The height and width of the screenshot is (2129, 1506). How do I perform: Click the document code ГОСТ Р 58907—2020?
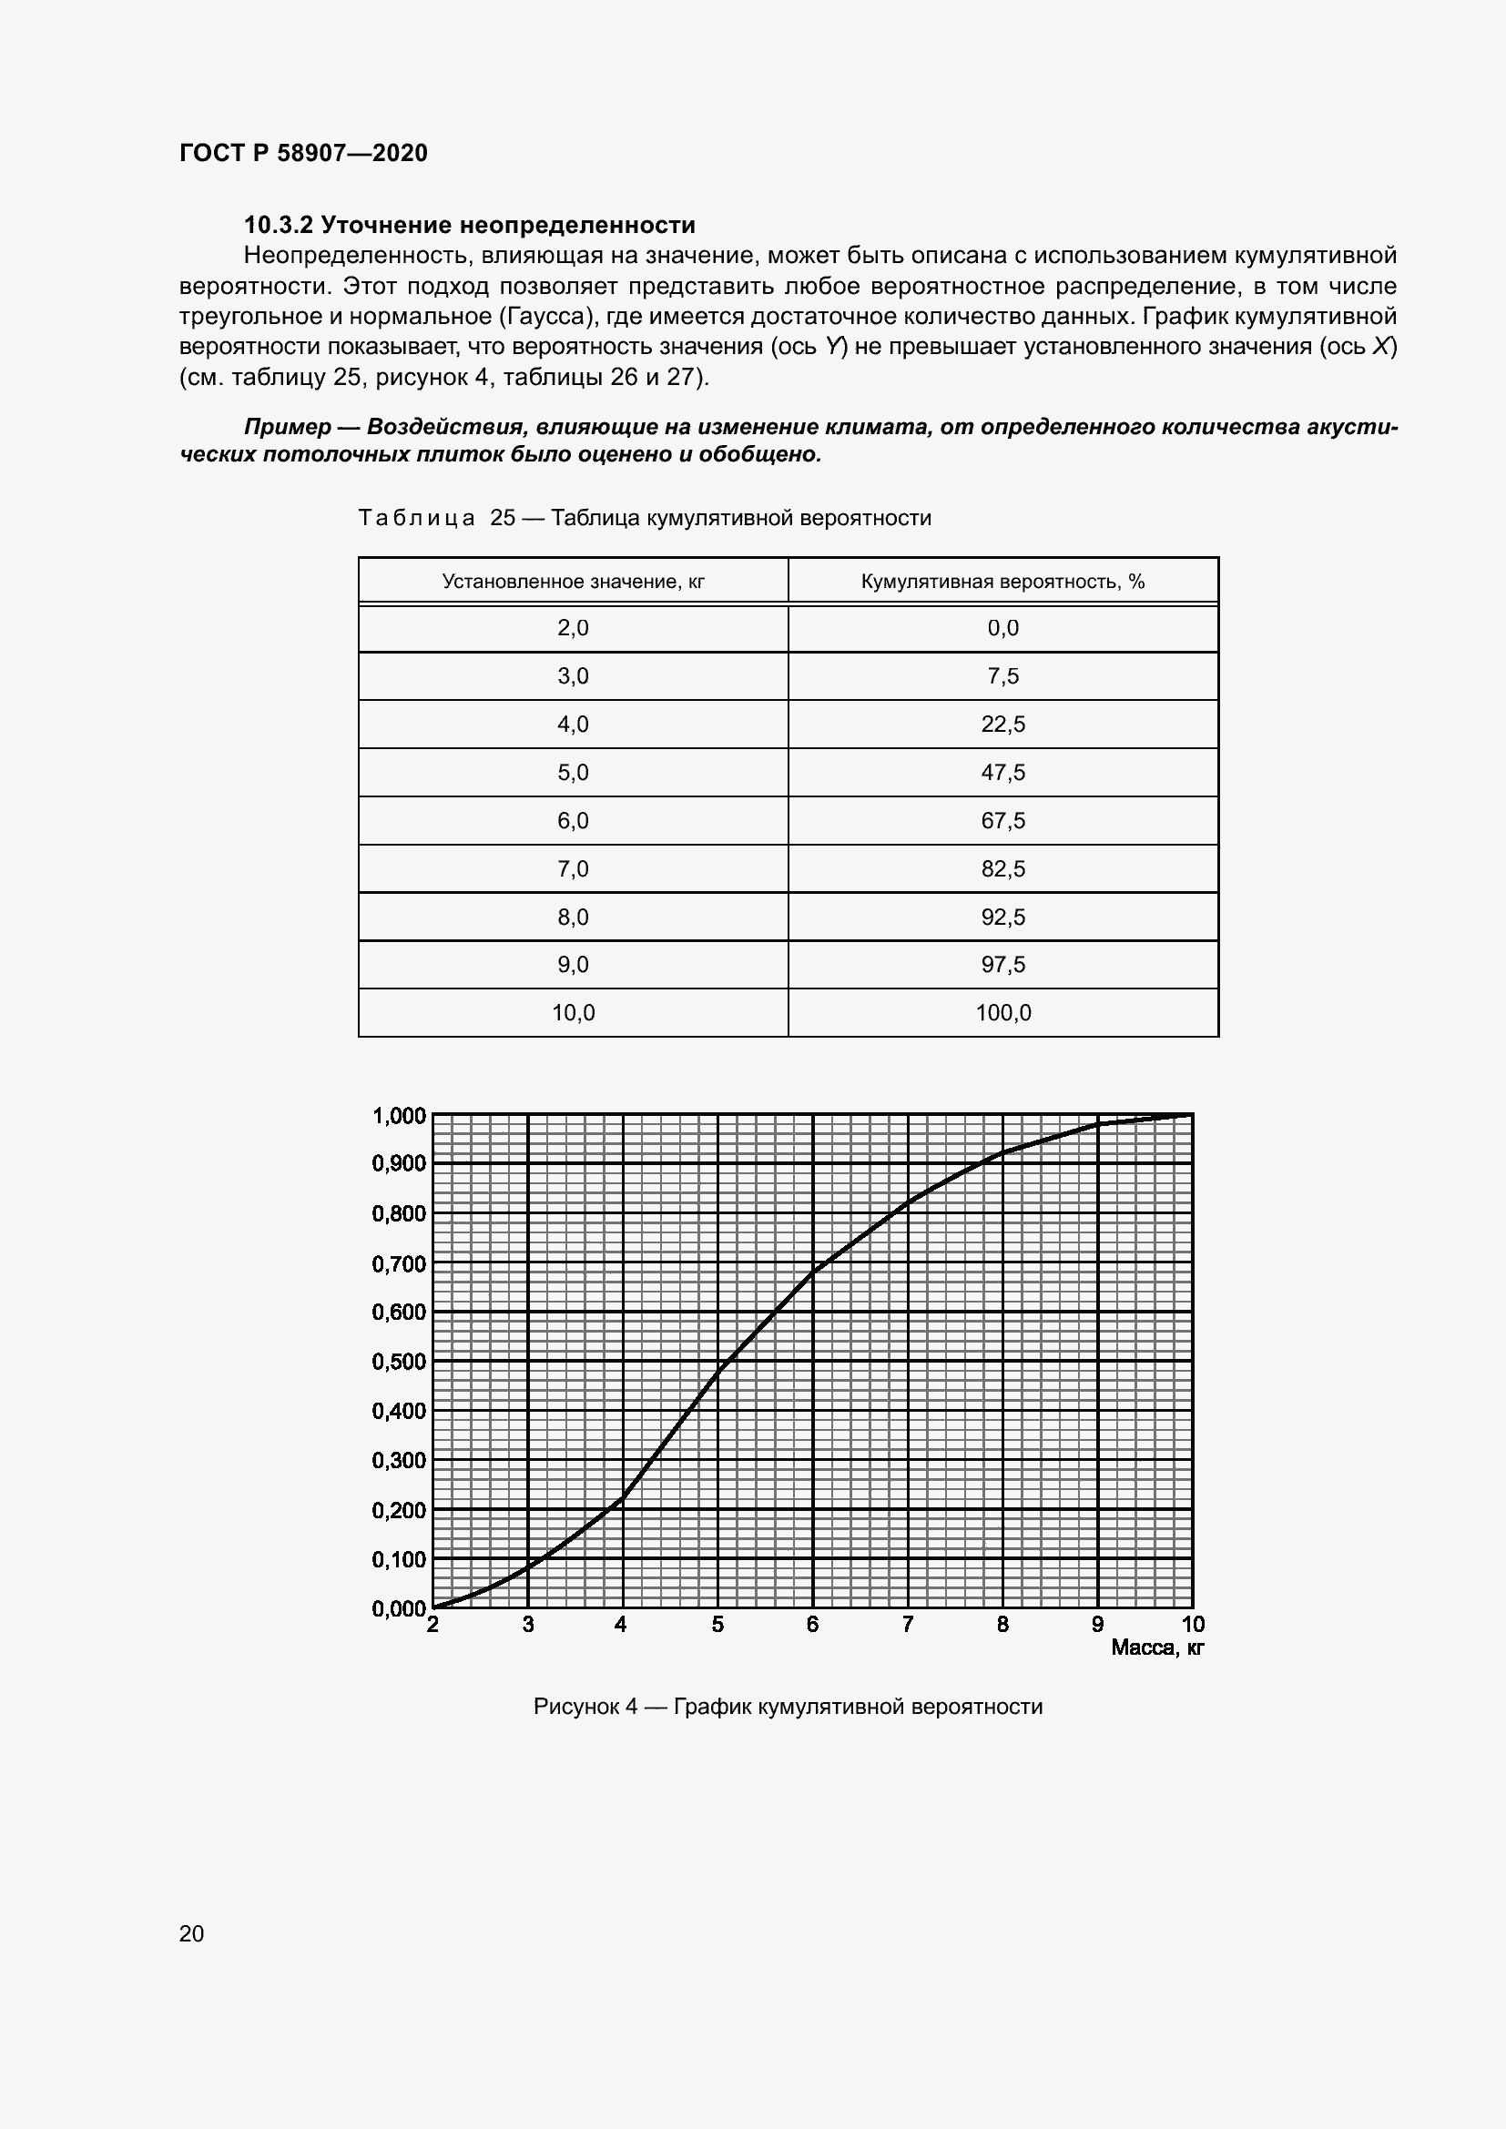(303, 153)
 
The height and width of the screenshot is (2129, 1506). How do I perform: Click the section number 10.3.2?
(279, 226)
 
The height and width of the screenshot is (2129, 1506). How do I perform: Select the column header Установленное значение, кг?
(573, 582)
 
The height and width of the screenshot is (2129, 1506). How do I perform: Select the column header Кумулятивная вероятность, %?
(1002, 582)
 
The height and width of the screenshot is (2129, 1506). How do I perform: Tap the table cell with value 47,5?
(1002, 773)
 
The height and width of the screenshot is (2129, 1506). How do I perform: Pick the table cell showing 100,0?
(1002, 1012)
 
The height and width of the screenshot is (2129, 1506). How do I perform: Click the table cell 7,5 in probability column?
(1002, 676)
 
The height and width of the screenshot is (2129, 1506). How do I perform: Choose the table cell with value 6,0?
(573, 821)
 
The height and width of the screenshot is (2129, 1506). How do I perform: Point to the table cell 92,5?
(1002, 917)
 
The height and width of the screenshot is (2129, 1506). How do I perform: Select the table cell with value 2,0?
(573, 628)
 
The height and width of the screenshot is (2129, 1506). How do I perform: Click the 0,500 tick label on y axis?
(399, 1361)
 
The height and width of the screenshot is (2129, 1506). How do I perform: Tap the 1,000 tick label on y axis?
(399, 1116)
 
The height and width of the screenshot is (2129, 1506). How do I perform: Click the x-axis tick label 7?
(908, 1625)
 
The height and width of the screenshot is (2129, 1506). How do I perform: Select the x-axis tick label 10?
(1192, 1625)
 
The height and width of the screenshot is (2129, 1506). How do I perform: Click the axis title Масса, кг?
(1156, 1647)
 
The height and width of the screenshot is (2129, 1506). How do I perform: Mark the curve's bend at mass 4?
(622, 1496)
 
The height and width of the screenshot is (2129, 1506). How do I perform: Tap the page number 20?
(191, 1933)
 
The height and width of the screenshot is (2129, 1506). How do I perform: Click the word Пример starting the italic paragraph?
(287, 427)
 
